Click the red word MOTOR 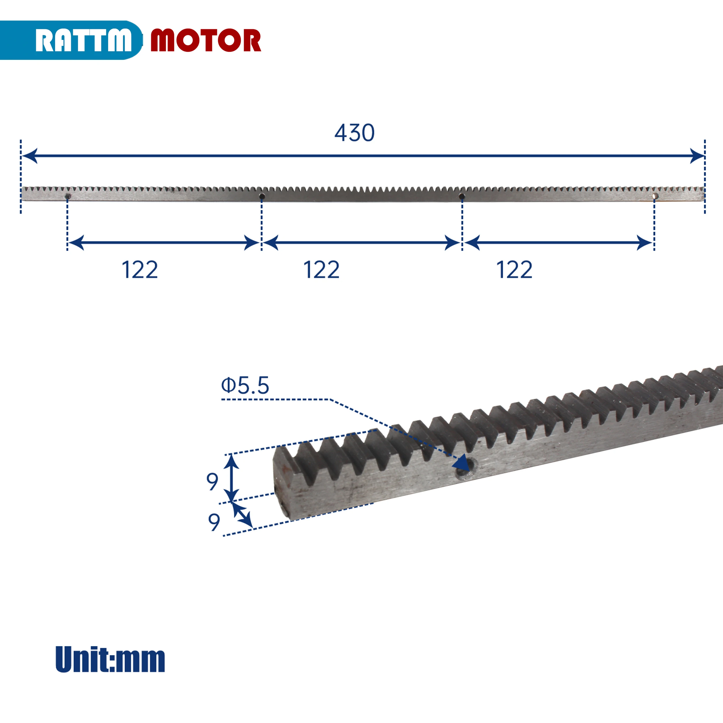coord(205,40)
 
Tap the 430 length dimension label coord(354,133)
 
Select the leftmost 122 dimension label coord(140,270)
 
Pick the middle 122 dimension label coord(321,270)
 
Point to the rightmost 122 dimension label coord(514,270)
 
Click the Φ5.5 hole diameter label coord(245,386)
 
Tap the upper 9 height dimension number coord(212,482)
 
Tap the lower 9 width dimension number coord(214,522)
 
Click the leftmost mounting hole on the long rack coord(68,196)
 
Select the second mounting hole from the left coord(262,196)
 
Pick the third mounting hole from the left coord(462,196)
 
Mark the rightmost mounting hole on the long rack coord(654,196)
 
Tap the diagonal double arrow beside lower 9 coord(243,515)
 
